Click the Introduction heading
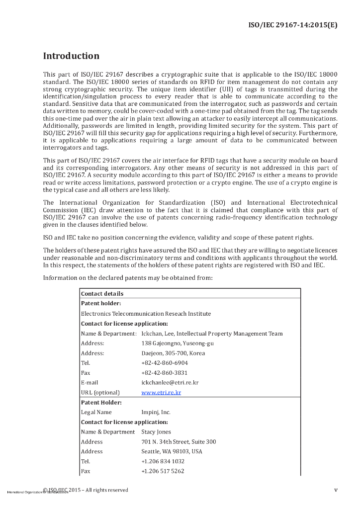[x=71, y=56]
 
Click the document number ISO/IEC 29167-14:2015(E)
[x=293, y=25]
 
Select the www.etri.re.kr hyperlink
[x=161, y=393]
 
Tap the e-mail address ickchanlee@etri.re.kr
[x=170, y=383]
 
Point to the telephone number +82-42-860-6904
[x=165, y=363]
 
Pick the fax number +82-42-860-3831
[x=165, y=373]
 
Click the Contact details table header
[x=102, y=294]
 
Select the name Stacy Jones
[x=157, y=432]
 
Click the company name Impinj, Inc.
[x=156, y=412]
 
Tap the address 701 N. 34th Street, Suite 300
[x=179, y=442]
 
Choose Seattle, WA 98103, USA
[x=172, y=452]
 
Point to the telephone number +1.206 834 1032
[x=163, y=461]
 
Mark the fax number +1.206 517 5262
[x=163, y=471]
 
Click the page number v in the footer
[x=336, y=490]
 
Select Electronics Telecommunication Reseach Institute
[x=146, y=314]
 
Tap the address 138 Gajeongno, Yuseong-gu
[x=178, y=343]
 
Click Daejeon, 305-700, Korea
[x=173, y=353]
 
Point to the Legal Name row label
[x=96, y=412]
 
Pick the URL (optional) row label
[x=100, y=393]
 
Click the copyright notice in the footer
[x=86, y=490]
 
